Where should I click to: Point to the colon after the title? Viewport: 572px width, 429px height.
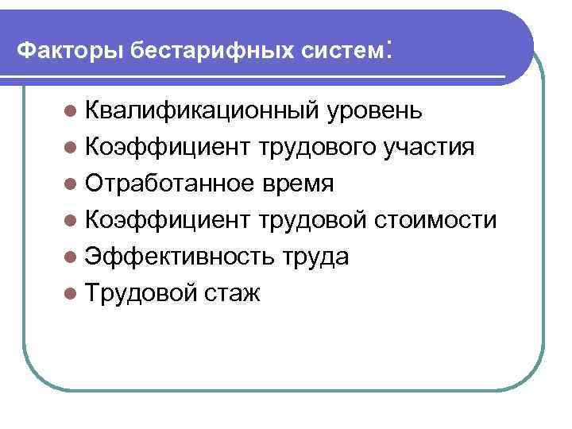[388, 49]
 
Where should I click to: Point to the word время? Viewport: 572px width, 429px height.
[294, 184]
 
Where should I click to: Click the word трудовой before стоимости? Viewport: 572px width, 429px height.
[320, 221]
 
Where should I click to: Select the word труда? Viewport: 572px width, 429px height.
[315, 257]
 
